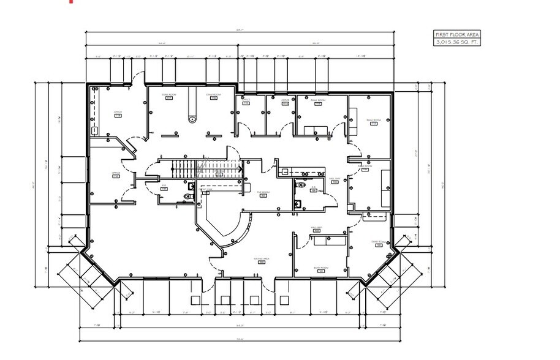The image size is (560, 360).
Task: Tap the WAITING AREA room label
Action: pos(262,259)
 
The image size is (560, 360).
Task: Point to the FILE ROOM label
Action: pos(263,193)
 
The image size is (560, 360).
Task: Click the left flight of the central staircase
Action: pos(181,168)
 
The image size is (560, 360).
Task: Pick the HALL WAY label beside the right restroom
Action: pos(335,179)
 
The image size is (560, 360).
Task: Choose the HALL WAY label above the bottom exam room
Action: pos(317,228)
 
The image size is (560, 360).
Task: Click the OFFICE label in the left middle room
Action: pos(116,174)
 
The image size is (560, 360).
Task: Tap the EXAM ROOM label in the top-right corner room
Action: pos(373,121)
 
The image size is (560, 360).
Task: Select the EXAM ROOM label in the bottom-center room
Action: pos(318,268)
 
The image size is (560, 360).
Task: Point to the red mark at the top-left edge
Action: pos(71,2)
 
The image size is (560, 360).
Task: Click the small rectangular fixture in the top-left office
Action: pos(95,130)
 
